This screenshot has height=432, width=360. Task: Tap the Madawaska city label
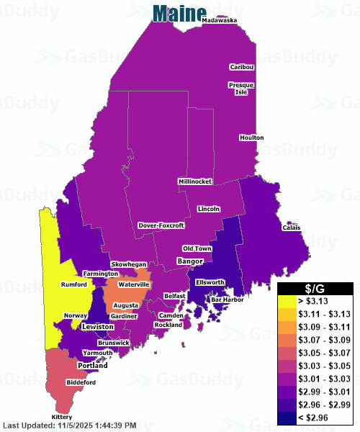coord(220,21)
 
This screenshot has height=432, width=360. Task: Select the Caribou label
coord(242,67)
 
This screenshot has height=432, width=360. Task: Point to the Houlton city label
coord(252,138)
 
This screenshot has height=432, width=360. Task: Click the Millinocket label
coord(194,181)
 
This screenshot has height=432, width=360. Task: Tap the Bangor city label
coord(190,261)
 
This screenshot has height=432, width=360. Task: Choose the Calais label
coord(291,228)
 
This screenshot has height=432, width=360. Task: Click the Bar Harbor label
coord(225,299)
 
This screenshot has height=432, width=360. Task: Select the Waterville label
coord(134,285)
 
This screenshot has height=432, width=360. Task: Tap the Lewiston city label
coord(98,327)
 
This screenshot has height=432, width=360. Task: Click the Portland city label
coord(92,366)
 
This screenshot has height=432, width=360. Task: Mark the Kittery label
coord(62,418)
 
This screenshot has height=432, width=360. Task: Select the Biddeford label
coord(81,382)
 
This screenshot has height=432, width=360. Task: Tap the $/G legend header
coord(315,288)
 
